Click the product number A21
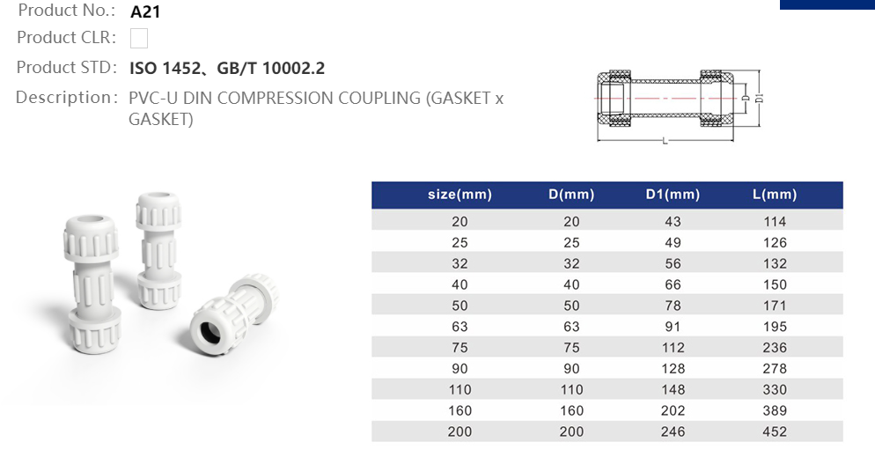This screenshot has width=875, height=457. tap(145, 12)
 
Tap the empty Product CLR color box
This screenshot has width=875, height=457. tap(138, 38)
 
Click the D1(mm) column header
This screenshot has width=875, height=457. tap(673, 195)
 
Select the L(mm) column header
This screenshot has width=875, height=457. tap(775, 195)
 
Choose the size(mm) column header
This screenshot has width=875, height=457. tap(460, 195)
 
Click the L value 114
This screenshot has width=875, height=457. tap(775, 221)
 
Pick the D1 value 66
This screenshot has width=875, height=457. tap(673, 284)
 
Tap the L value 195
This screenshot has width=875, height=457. tap(775, 327)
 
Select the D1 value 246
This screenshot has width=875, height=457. tap(673, 431)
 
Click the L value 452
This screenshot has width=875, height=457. tap(775, 431)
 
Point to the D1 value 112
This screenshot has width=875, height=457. tap(673, 348)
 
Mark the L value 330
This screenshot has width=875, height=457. tap(775, 389)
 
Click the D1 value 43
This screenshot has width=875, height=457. tap(673, 221)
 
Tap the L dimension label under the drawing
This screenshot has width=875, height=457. tap(664, 141)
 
